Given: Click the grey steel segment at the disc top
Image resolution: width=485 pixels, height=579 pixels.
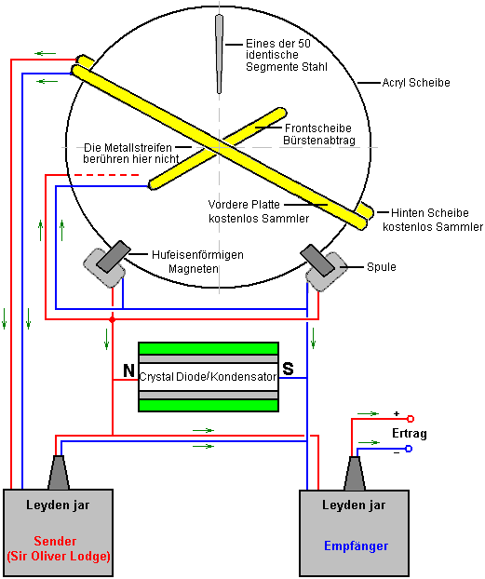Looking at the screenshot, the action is click(219, 54).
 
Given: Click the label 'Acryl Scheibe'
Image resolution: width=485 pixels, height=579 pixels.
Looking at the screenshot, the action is click(416, 82).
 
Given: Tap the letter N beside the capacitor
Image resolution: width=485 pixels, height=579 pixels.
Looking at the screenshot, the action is click(128, 370).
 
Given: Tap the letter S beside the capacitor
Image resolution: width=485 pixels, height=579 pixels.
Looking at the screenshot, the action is click(288, 369).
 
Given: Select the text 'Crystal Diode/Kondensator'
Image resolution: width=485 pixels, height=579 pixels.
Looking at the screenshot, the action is click(208, 377).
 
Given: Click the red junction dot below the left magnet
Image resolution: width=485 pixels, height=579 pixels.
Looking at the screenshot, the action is click(113, 319).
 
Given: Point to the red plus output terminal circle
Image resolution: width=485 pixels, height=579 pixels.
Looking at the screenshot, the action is click(410, 419).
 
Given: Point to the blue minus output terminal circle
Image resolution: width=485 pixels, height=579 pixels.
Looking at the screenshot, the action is click(409, 449).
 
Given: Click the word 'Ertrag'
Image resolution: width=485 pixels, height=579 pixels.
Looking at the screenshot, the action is click(410, 434).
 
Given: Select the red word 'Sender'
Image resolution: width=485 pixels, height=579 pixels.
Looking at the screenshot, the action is click(55, 541).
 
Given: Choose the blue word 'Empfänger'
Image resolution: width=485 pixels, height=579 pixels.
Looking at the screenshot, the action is click(357, 546).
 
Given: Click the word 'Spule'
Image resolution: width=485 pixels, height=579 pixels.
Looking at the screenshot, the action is click(381, 266).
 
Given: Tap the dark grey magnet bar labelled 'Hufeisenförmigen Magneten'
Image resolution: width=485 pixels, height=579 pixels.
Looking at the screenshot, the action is click(114, 257).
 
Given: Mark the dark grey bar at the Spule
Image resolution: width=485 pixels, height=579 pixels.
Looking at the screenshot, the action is click(317, 261).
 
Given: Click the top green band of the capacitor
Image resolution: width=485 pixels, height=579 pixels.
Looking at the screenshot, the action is click(209, 348).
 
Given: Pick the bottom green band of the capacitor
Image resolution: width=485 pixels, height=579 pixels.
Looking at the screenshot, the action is click(209, 405).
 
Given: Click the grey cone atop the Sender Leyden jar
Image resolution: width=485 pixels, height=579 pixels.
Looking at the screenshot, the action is click(59, 473).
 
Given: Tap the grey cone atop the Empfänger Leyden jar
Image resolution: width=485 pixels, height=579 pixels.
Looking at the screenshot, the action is click(355, 474).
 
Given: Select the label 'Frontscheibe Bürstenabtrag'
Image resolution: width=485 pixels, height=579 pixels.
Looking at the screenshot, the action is click(318, 134).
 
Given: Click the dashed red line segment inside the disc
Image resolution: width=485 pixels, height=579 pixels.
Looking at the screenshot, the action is click(106, 175).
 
